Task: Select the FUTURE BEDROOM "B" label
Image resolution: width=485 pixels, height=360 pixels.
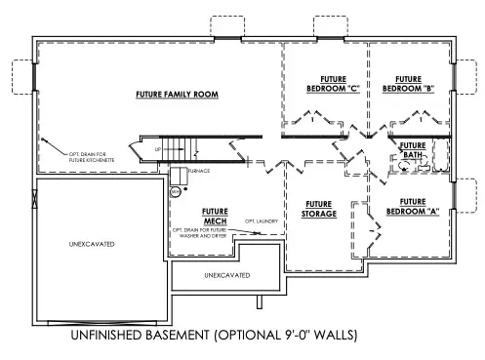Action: pos(408,84)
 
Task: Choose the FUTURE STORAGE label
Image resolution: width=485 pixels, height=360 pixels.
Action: pos(318,209)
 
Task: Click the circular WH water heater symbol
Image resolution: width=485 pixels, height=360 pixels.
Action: pos(176,192)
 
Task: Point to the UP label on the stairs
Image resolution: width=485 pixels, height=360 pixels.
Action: pos(157,149)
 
